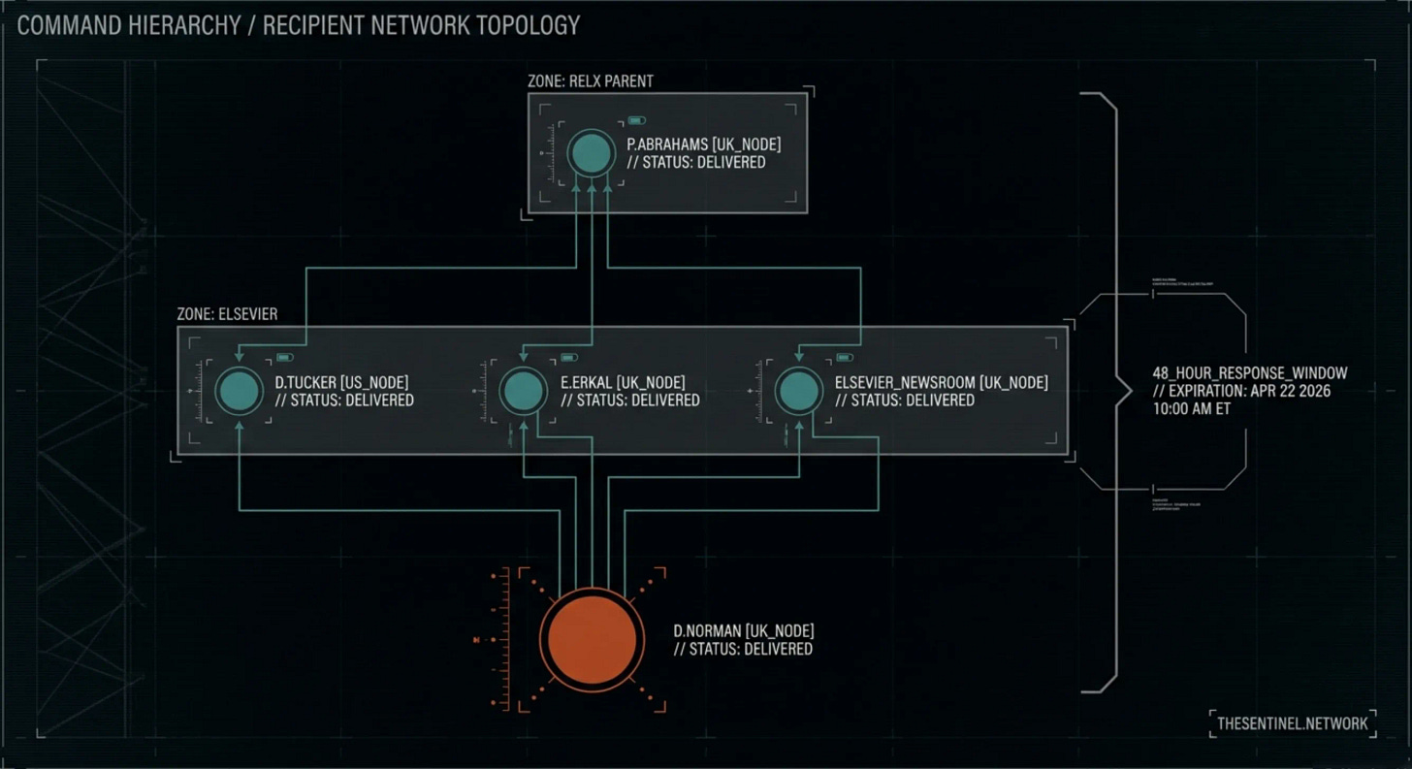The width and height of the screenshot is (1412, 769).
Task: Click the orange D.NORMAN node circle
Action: click(592, 639)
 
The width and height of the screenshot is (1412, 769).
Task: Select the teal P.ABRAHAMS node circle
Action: click(592, 153)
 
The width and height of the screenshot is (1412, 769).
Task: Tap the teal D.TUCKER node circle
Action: click(239, 391)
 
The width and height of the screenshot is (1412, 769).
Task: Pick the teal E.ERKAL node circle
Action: click(524, 391)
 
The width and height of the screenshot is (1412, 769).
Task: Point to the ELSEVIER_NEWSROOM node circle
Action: click(799, 391)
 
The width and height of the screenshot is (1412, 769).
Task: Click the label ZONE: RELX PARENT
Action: click(591, 81)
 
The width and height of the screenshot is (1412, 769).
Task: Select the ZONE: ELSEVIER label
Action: click(227, 314)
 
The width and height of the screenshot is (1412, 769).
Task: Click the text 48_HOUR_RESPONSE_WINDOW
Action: click(1249, 373)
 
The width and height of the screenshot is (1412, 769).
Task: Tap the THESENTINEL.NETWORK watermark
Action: click(1292, 723)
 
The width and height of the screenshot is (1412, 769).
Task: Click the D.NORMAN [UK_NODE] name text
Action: click(744, 631)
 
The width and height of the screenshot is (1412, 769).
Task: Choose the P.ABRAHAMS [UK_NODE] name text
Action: click(703, 144)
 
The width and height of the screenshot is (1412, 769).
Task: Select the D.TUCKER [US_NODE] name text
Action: click(341, 383)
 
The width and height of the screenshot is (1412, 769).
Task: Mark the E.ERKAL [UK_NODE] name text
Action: click(623, 383)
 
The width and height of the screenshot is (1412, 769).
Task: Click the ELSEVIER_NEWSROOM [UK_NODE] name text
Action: click(941, 383)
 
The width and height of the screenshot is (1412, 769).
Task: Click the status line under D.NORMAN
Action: click(743, 649)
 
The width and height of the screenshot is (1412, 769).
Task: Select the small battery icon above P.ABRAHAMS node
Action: click(636, 121)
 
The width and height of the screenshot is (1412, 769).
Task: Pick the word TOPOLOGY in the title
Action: click(527, 25)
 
